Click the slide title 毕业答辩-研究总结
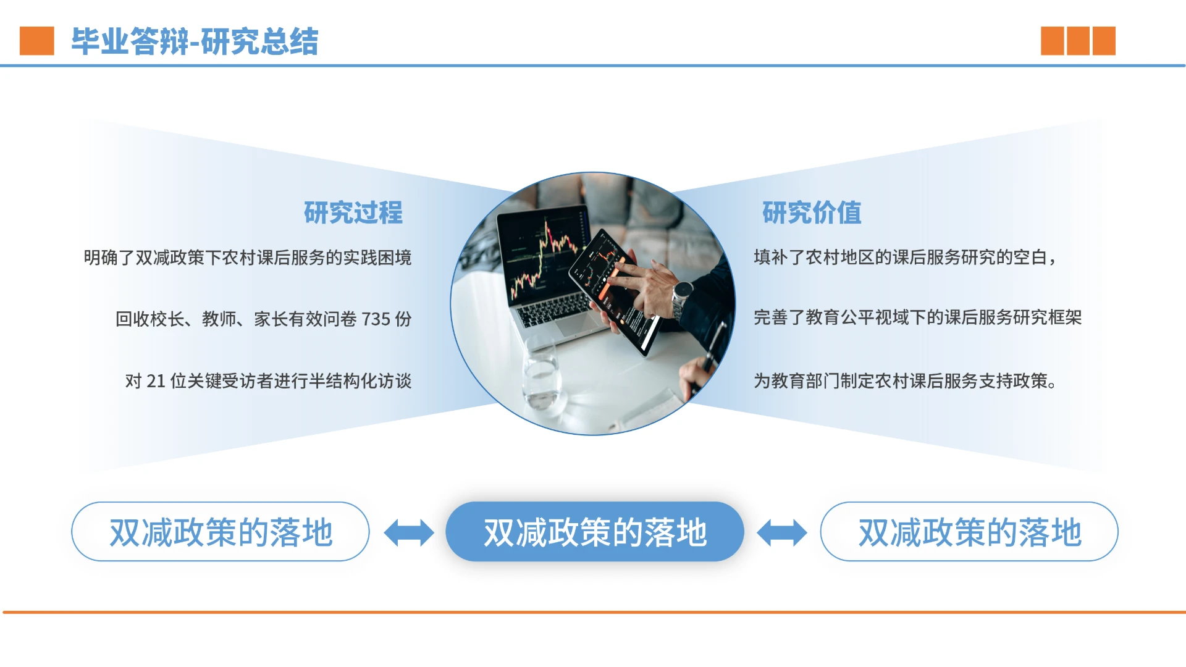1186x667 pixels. [195, 41]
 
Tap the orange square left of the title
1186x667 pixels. [36, 41]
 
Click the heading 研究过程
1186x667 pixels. [353, 213]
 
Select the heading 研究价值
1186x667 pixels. [811, 213]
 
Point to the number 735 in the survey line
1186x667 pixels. [376, 319]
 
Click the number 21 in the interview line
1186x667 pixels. [156, 381]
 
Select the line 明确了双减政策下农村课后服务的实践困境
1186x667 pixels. [247, 258]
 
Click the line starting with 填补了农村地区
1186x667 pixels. [905, 257]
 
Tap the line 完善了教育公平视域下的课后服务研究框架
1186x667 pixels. [917, 317]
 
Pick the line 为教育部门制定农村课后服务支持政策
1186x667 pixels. [905, 381]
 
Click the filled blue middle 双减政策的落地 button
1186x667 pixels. [594, 532]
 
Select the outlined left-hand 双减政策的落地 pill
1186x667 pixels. [221, 532]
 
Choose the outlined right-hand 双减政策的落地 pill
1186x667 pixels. [969, 532]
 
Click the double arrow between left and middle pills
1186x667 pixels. [408, 532]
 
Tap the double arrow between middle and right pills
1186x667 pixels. [781, 532]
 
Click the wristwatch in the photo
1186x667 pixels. [682, 293]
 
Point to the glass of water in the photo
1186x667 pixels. [542, 377]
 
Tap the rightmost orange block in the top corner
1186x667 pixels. [1104, 41]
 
